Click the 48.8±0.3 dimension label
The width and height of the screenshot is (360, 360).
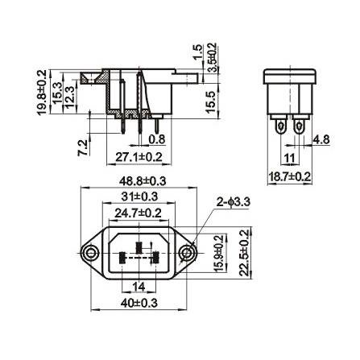pyautogui.click(x=143, y=181)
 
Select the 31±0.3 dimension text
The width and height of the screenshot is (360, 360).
pyautogui.click(x=139, y=197)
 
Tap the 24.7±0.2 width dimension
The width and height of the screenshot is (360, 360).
pyautogui.click(x=139, y=213)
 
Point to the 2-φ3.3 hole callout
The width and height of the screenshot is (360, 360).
pyautogui.click(x=233, y=201)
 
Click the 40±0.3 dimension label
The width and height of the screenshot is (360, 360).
pyautogui.click(x=139, y=304)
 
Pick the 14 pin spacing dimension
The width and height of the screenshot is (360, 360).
pyautogui.click(x=139, y=287)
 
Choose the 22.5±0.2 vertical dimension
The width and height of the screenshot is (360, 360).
pyautogui.click(x=245, y=253)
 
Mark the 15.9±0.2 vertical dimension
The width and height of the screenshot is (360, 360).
pyautogui.click(x=219, y=254)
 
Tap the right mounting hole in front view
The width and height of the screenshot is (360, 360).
pyautogui.click(x=186, y=253)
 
